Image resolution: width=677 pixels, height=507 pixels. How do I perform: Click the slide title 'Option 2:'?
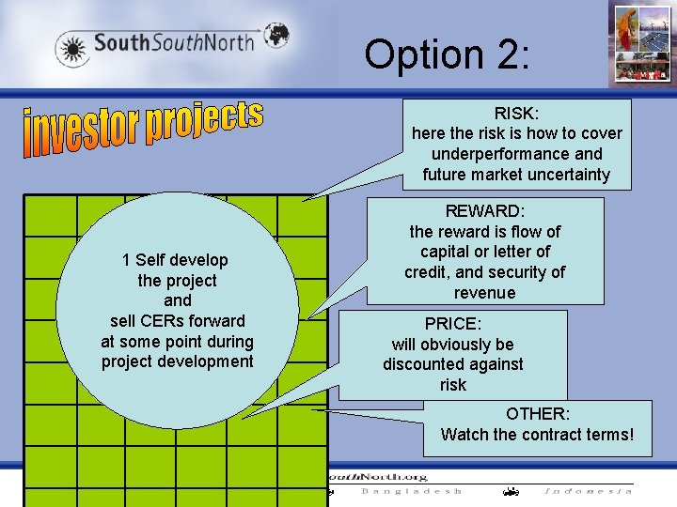[447, 54]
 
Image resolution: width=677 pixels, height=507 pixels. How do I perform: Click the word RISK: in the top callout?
[517, 114]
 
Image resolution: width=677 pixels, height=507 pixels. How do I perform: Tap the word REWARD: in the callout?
[485, 211]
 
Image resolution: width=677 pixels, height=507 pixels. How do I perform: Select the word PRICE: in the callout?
[452, 324]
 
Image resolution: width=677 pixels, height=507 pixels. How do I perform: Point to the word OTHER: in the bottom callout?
[537, 414]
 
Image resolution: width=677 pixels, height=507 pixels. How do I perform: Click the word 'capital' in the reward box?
[446, 252]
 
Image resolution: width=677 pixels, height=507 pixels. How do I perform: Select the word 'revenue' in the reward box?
[484, 293]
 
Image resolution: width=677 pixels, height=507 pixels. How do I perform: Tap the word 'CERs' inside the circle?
[162, 321]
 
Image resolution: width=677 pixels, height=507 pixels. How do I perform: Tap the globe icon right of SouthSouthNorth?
[276, 35]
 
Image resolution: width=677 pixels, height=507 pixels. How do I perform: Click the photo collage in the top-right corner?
[640, 43]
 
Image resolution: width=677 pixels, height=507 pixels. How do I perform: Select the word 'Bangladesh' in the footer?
[412, 491]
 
